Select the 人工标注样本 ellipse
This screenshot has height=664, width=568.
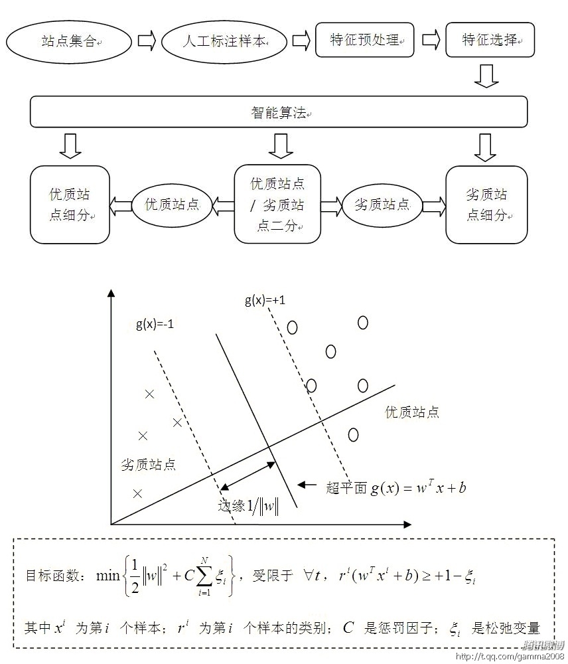pyautogui.click(x=226, y=41)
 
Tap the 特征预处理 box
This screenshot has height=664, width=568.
pyautogui.click(x=364, y=40)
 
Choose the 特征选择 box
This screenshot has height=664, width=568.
pyautogui.click(x=489, y=40)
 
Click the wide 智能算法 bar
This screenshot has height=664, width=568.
pyautogui.click(x=279, y=112)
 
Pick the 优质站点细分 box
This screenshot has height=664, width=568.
pyautogui.click(x=70, y=205)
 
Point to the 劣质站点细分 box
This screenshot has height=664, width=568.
pyautogui.click(x=486, y=205)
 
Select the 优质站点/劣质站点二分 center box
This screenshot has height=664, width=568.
pyautogui.click(x=277, y=204)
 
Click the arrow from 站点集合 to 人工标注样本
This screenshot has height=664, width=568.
pyautogui.click(x=146, y=41)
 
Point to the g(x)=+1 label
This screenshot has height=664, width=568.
pyautogui.click(x=265, y=301)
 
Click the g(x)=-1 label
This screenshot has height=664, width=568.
pyautogui.click(x=155, y=325)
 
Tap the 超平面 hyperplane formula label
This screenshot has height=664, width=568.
pyautogui.click(x=396, y=488)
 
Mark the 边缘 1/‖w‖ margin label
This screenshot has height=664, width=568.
pyautogui.click(x=248, y=506)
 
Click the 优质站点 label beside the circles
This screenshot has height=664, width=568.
pyautogui.click(x=412, y=412)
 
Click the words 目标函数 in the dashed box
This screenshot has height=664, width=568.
pyautogui.click(x=50, y=575)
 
